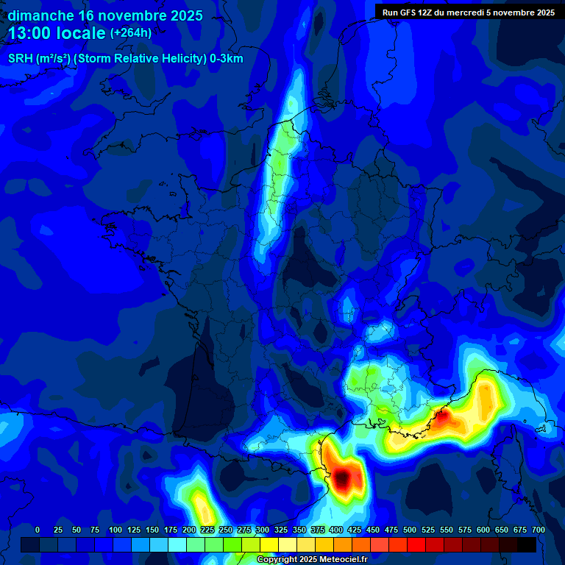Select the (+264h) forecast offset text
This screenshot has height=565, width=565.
pos(130,33)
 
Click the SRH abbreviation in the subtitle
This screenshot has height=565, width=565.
pos(21,59)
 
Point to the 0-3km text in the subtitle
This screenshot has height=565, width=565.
pos(225,59)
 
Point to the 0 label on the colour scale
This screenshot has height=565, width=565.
pos(38,530)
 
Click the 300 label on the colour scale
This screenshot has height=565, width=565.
pos(263,530)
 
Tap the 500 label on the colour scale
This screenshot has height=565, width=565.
pos(410,530)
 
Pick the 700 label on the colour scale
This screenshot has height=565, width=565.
pos(539,530)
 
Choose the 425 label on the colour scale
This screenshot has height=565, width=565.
pos(355,530)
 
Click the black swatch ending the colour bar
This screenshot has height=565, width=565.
pos(527,545)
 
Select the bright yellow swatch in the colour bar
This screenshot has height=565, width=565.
pos(269,545)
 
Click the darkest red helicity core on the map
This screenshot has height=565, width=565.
pos(344,480)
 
